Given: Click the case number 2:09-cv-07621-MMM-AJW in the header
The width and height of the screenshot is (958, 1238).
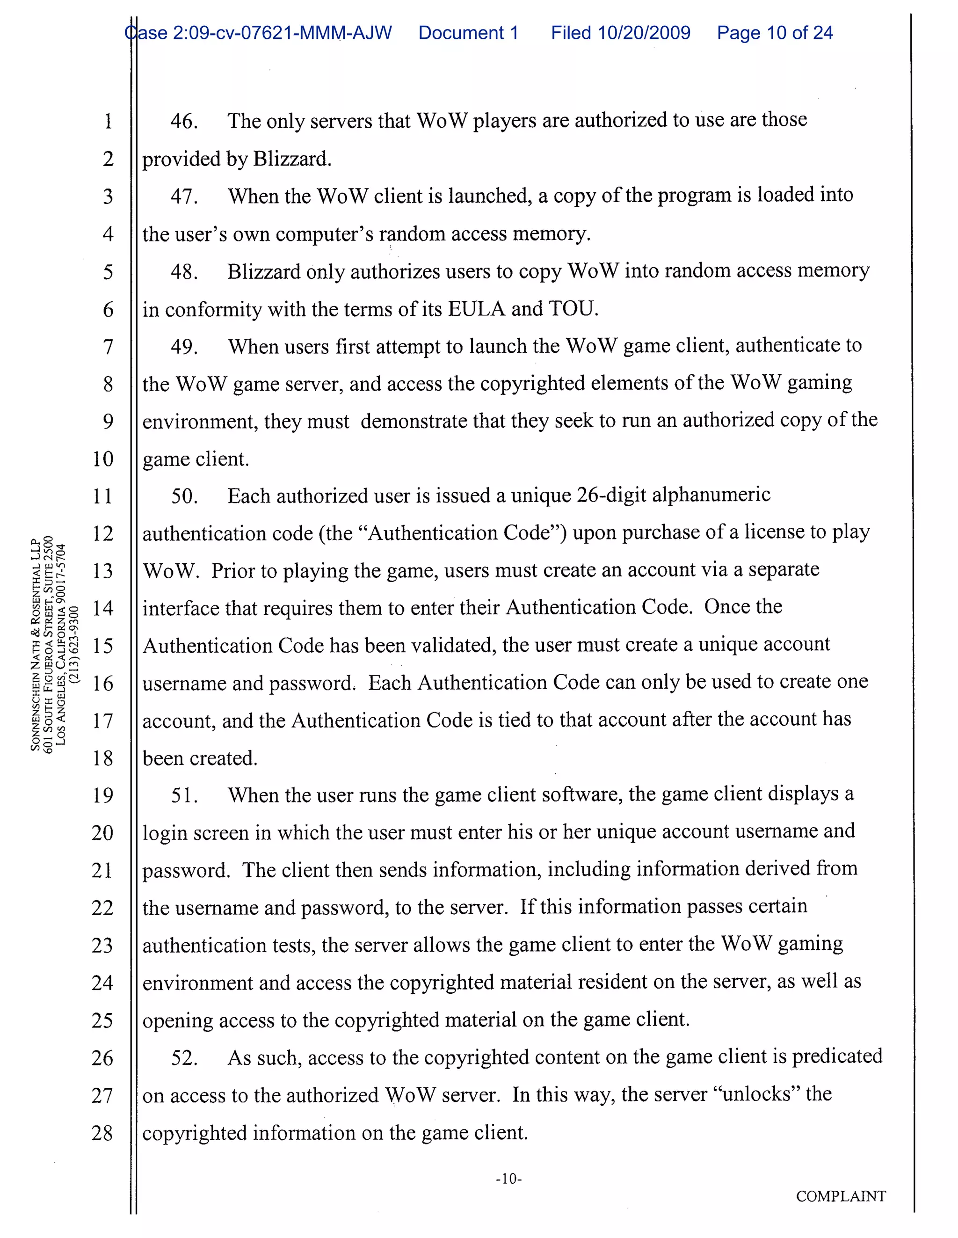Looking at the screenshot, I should coord(282,33).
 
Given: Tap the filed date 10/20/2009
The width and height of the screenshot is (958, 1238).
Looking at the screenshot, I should coord(644,33).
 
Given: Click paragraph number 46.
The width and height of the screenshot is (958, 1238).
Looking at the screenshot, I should coord(184,121).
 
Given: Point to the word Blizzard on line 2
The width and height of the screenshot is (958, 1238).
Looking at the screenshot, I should coord(291,159).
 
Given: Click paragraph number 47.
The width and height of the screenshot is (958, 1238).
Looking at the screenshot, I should coord(184,197).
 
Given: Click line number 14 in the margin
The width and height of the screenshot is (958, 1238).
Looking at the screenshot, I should coord(102,608).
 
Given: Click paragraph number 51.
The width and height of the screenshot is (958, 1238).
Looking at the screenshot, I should coord(184,795).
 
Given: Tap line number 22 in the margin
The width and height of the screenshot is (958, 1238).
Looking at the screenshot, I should coord(102,908).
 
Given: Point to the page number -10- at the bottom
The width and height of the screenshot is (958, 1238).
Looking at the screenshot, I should coord(508,1179).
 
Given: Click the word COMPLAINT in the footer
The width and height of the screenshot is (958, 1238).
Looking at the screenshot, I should coord(841,1196).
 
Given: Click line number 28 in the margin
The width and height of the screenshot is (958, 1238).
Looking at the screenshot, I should coord(102,1133).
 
